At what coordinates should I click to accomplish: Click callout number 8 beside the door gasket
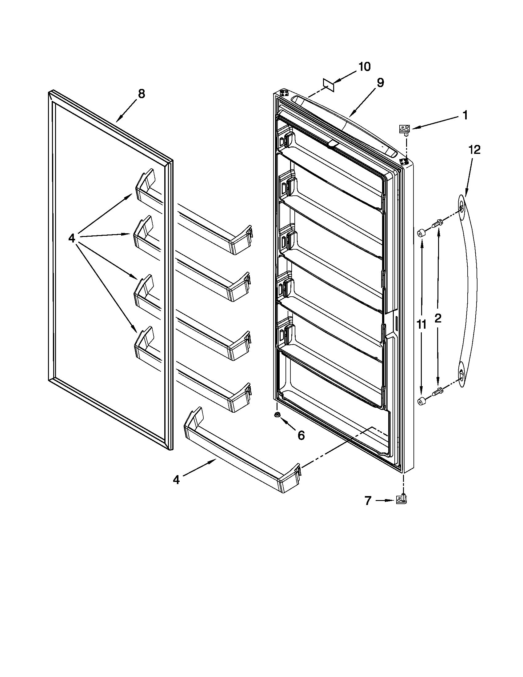(141, 93)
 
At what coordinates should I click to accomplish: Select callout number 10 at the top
(364, 66)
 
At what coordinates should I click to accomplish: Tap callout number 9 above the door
(380, 82)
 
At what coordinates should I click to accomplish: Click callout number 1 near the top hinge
(465, 115)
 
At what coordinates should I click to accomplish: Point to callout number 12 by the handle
(474, 150)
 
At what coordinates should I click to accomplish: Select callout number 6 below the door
(301, 435)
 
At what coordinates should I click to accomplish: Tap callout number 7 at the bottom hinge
(368, 501)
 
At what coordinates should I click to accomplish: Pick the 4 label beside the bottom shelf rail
(176, 480)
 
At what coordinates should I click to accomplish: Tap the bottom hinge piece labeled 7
(401, 499)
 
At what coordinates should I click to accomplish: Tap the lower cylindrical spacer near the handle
(421, 401)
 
